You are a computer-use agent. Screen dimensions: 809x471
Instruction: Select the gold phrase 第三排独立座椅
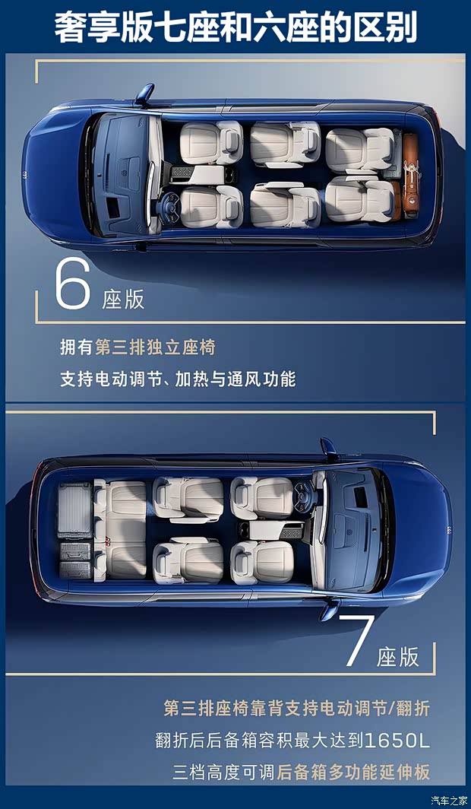(155, 347)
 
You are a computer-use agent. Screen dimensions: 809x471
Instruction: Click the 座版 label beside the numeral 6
(123, 299)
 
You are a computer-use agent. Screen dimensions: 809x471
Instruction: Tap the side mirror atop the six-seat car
(144, 94)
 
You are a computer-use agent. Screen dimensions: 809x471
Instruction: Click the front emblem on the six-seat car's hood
(27, 174)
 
